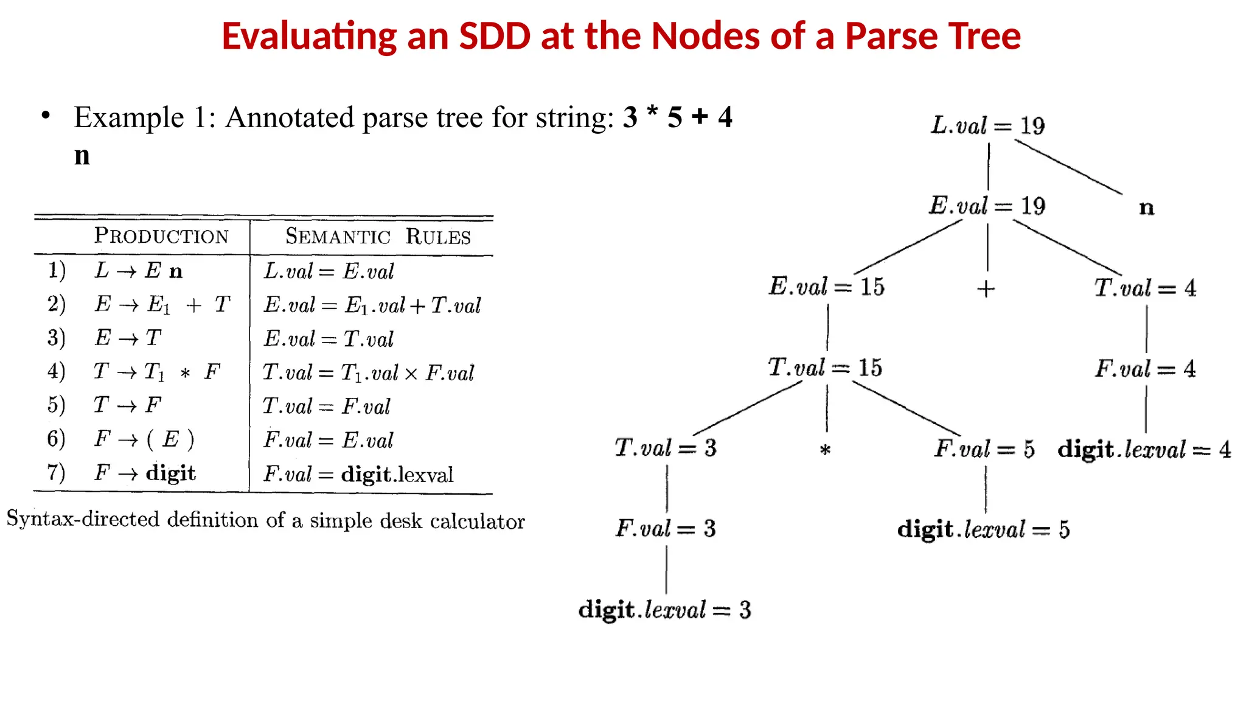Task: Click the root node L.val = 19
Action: click(987, 126)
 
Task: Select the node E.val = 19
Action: click(987, 206)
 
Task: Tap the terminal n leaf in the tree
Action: click(1146, 208)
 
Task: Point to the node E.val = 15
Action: click(827, 287)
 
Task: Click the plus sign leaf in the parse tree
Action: click(986, 289)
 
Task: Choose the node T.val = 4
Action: click(1145, 288)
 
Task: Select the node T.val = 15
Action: click(825, 368)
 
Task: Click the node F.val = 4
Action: click(1145, 369)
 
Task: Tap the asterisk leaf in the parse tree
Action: click(825, 451)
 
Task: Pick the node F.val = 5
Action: click(984, 449)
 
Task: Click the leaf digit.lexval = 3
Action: click(665, 610)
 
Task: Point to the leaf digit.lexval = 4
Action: click(1144, 450)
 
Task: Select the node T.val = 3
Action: click(666, 448)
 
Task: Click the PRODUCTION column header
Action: click(161, 236)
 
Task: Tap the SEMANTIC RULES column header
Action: click(378, 236)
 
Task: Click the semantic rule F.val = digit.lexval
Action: click(358, 474)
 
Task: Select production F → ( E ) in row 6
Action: click(145, 439)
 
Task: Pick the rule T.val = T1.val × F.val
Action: click(368, 372)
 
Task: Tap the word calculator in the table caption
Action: click(477, 521)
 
